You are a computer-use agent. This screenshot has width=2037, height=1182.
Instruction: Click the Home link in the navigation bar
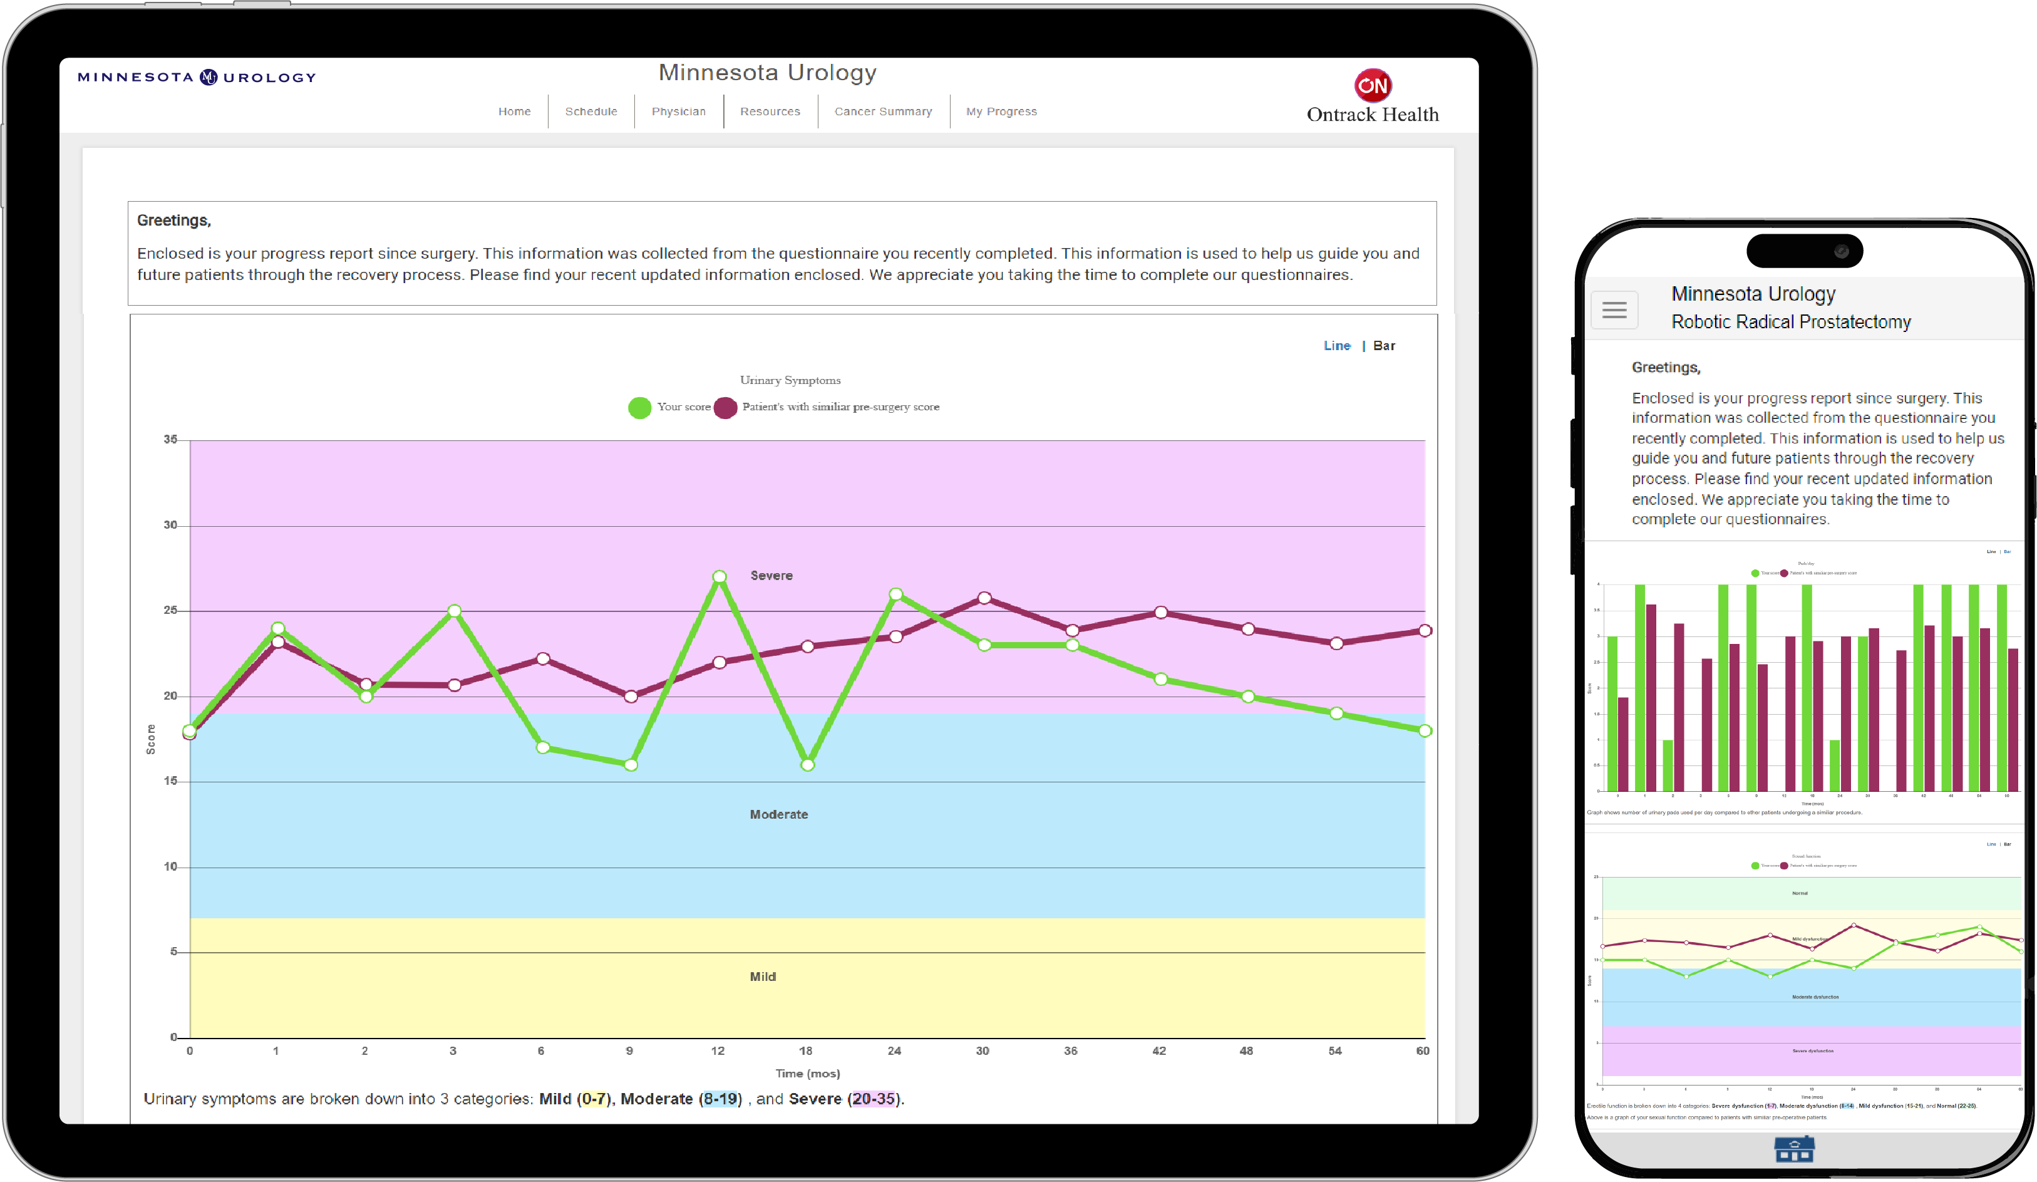tap(514, 111)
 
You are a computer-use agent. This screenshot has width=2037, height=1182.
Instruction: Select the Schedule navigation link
tap(591, 111)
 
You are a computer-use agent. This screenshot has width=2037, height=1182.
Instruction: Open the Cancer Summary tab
tap(883, 111)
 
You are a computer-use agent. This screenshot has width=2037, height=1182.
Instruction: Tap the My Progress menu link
tap(1001, 111)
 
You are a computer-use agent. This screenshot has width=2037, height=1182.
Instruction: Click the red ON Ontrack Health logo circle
tap(1372, 85)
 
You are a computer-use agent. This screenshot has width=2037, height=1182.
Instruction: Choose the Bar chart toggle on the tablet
tap(1384, 346)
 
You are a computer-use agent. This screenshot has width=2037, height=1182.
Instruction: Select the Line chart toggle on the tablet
tap(1336, 346)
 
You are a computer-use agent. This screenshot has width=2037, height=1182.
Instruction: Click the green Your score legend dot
tap(639, 408)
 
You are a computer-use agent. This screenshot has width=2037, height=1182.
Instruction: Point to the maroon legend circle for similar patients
tap(725, 408)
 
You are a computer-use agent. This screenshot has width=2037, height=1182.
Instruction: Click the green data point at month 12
tap(719, 576)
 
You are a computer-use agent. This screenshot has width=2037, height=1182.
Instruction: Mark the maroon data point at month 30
tap(984, 598)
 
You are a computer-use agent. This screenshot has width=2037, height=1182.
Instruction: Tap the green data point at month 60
tap(1425, 731)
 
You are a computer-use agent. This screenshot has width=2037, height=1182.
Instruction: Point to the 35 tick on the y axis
tap(170, 440)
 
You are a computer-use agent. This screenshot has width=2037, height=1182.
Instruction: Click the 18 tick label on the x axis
tap(805, 1051)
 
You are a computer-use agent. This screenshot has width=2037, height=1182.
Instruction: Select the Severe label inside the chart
tap(771, 576)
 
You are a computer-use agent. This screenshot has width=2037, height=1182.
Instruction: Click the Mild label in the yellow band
tap(762, 977)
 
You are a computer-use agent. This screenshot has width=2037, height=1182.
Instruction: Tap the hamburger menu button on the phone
tap(1614, 309)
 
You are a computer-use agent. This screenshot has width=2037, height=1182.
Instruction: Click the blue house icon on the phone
tap(1793, 1149)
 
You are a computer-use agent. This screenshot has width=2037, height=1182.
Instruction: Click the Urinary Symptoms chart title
tap(790, 380)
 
